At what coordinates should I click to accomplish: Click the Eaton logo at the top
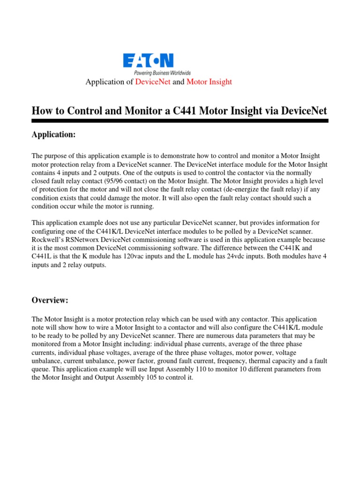(x=149, y=61)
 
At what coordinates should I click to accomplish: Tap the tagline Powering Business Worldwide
(x=162, y=73)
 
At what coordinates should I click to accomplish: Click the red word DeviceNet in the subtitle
(x=153, y=82)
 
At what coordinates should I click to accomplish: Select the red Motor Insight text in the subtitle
(x=209, y=82)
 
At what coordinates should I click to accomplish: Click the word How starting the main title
(x=42, y=111)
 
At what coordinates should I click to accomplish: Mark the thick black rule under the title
(x=180, y=121)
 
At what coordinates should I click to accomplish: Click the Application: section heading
(x=53, y=135)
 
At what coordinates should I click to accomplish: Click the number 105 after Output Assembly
(x=146, y=377)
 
